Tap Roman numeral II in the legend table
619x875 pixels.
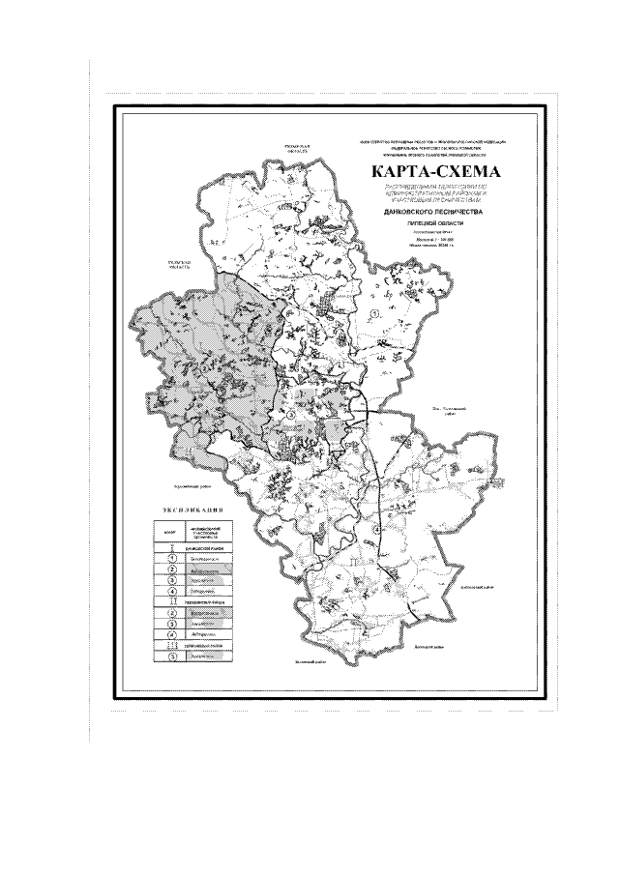click(170, 600)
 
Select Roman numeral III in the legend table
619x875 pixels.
click(170, 643)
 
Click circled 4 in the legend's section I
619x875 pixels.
click(170, 590)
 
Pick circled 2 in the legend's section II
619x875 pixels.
click(170, 612)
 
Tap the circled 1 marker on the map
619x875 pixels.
click(374, 313)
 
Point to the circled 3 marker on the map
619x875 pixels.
click(289, 414)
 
